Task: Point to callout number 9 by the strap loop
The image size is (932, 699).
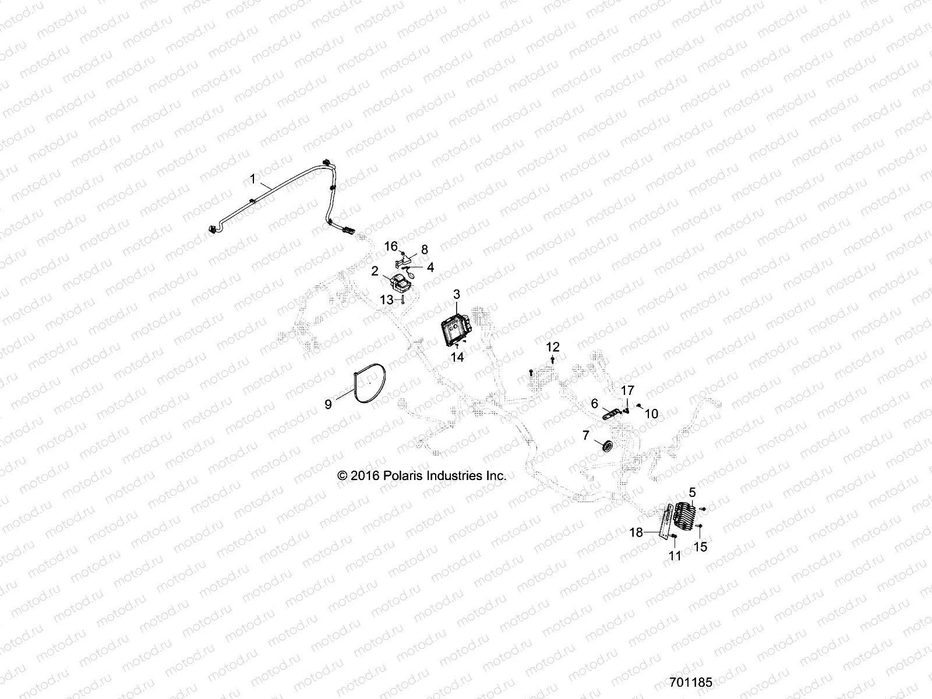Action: click(328, 404)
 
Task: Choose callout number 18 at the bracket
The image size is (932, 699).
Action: click(636, 532)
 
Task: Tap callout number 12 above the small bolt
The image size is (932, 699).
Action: click(552, 347)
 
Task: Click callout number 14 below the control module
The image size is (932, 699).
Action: click(458, 358)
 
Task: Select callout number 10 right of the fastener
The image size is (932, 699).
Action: click(651, 414)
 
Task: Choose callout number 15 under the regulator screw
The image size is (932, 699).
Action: click(701, 548)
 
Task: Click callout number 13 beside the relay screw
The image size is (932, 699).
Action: click(387, 299)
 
